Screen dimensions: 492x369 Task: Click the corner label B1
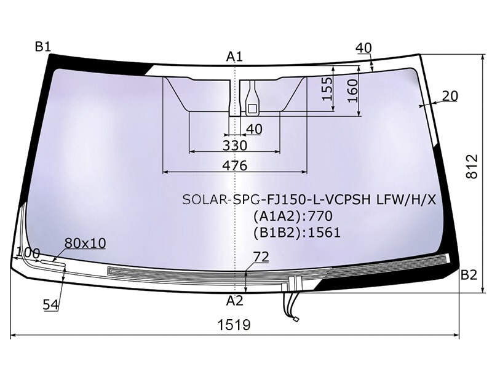click(42, 47)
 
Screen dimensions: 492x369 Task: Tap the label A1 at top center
click(235, 57)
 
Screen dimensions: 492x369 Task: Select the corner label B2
click(469, 275)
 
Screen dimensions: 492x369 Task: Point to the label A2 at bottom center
click(235, 301)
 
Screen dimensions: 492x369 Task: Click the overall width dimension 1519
click(234, 325)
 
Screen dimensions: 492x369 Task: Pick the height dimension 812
click(472, 167)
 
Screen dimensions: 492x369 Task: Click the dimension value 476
click(235, 165)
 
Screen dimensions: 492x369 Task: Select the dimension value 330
click(235, 146)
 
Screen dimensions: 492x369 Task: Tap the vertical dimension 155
click(327, 89)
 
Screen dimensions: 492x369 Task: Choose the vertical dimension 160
click(352, 90)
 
